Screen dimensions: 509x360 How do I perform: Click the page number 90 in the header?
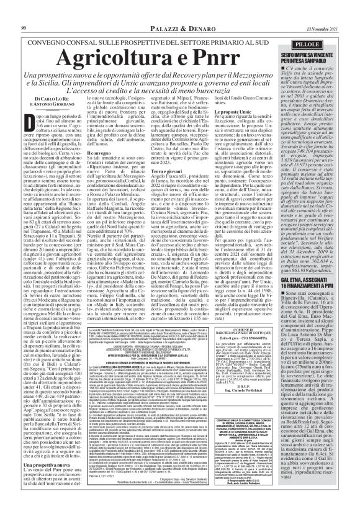pos(24,12)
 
